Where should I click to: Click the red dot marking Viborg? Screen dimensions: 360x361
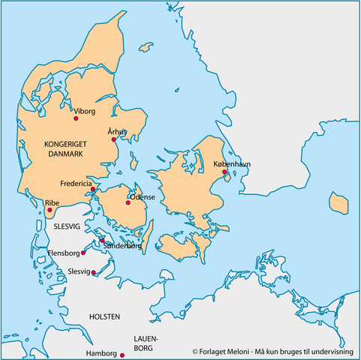76,118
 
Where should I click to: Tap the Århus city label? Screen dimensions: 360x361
117,132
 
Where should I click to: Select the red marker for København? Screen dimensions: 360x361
224,172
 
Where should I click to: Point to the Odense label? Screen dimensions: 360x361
143,196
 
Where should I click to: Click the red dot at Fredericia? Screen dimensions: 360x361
93,189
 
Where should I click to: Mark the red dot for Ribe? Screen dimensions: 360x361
49,211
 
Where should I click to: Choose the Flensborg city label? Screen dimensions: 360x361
62,253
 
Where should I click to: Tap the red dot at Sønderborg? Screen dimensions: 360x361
102,240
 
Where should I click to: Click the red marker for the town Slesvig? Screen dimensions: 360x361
94,273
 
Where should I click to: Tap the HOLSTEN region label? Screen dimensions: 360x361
104,317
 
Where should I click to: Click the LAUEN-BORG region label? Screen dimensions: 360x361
145,344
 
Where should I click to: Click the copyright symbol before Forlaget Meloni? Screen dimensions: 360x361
194,350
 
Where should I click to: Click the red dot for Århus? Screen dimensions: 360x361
113,139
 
